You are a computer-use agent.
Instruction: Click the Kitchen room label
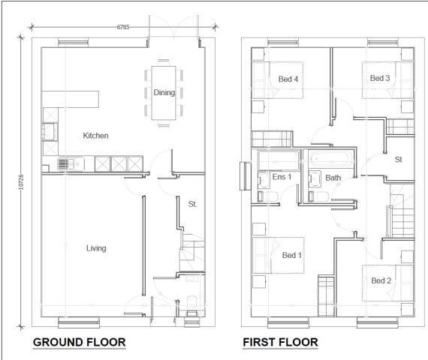click(95, 136)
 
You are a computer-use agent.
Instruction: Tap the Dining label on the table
click(164, 93)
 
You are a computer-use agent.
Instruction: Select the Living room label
click(95, 248)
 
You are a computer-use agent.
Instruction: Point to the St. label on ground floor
click(192, 203)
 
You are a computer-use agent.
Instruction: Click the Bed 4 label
click(288, 79)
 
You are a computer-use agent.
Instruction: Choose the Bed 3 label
click(380, 78)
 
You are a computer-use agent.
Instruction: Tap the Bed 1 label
click(291, 255)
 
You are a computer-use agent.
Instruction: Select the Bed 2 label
click(381, 280)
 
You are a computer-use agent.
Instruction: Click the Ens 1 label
click(282, 178)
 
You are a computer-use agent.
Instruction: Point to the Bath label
click(333, 178)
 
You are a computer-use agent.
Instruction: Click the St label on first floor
click(398, 159)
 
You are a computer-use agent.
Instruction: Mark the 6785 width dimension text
click(123, 27)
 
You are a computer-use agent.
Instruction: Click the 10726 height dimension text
click(22, 182)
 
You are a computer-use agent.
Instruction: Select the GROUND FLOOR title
click(79, 343)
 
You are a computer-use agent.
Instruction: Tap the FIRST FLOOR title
click(280, 343)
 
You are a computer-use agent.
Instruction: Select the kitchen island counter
click(71, 99)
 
